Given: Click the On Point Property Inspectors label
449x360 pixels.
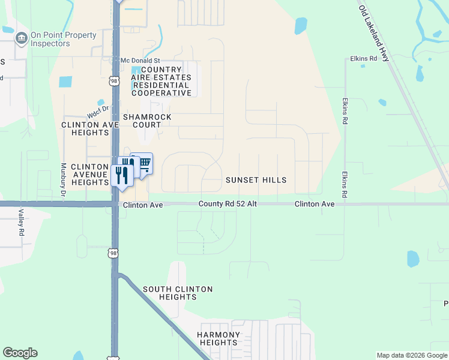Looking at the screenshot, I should click(x=63, y=40).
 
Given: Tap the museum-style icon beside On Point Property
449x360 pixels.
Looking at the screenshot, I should click(x=21, y=40).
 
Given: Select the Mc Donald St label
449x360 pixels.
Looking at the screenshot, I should click(x=140, y=61).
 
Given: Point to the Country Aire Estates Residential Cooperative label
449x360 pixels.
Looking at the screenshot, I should click(x=161, y=82).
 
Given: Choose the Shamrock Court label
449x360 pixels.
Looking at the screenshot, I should click(x=147, y=121).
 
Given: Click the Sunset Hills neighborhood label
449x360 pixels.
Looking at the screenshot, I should click(x=256, y=180).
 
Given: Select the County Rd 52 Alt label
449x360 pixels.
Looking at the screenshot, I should click(x=228, y=204).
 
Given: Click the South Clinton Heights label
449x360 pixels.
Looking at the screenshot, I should click(x=178, y=293).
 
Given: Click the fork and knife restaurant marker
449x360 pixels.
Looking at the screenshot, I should click(x=121, y=176).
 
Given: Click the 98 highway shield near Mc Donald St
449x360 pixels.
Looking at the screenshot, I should click(x=113, y=80).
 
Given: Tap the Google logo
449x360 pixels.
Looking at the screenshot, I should click(x=20, y=353).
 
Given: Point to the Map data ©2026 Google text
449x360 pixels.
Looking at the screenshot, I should click(x=412, y=355).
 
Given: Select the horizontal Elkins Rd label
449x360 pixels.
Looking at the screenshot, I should click(x=363, y=59).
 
